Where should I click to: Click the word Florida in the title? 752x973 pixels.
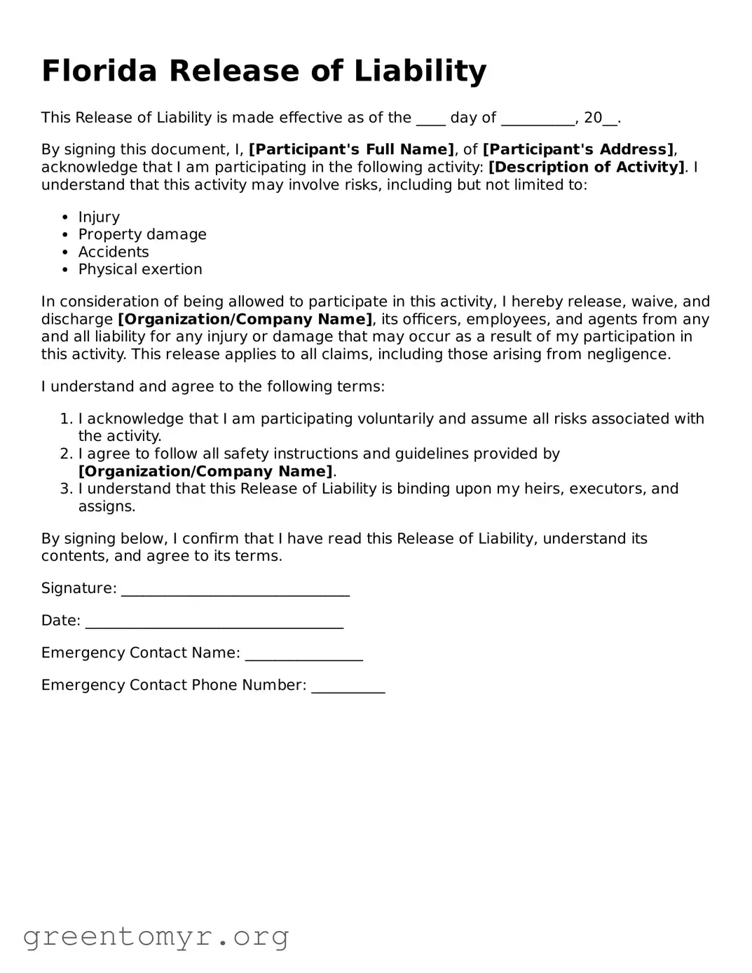pyautogui.click(x=99, y=71)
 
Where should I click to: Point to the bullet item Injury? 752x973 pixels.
pyautogui.click(x=99, y=217)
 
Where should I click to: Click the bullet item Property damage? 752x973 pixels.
pyautogui.click(x=142, y=235)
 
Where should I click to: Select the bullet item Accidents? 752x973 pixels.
pyautogui.click(x=114, y=252)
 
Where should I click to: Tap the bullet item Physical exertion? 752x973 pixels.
pyautogui.click(x=140, y=270)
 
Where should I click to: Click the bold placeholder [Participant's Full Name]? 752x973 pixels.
pyautogui.click(x=351, y=150)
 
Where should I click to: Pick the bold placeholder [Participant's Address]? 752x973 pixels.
pyautogui.click(x=578, y=150)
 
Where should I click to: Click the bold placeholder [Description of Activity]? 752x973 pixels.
pyautogui.click(x=587, y=168)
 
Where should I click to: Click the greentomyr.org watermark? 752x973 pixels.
pyautogui.click(x=156, y=937)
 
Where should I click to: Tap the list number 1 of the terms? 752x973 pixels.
pyautogui.click(x=66, y=419)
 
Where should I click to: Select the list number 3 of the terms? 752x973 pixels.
pyautogui.click(x=66, y=489)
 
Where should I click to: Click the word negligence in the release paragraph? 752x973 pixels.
pyautogui.click(x=629, y=355)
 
